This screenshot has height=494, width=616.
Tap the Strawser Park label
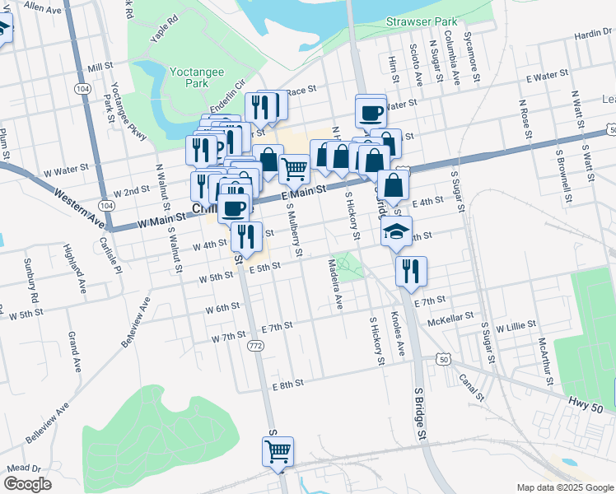421,22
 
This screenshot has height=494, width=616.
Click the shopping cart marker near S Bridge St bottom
278,451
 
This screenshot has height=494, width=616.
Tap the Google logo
27,484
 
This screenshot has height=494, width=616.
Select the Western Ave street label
79,209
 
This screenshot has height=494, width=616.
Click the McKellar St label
450,315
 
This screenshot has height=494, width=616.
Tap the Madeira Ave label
334,283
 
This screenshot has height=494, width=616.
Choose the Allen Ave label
44,7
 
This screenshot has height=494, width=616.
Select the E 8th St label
287,384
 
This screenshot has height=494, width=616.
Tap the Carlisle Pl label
111,245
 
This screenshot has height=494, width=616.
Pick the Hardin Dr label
594,33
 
